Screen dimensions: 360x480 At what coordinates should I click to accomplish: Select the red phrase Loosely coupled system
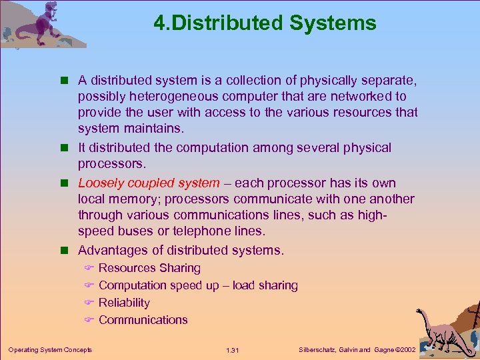click(x=148, y=183)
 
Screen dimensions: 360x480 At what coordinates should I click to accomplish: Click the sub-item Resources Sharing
click(x=149, y=268)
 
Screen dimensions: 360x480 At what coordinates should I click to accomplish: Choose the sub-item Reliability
click(x=124, y=303)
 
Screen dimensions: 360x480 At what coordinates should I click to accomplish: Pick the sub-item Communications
click(x=143, y=320)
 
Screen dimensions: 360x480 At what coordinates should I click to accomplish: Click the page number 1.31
click(x=233, y=350)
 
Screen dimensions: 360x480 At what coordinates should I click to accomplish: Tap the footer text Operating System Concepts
click(x=50, y=350)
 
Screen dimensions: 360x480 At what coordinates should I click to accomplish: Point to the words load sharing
click(x=265, y=285)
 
